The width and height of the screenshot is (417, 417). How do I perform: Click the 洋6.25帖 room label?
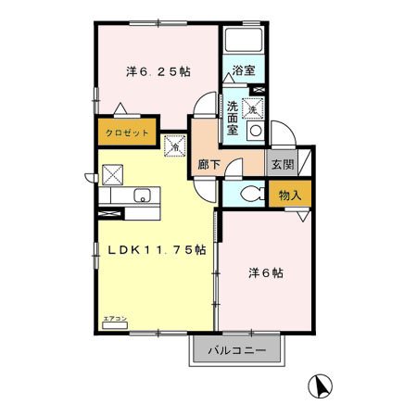pos(158,70)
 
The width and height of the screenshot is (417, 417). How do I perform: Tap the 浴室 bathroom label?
pos(243,70)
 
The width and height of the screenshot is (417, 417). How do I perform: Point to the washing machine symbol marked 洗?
pos(250,107)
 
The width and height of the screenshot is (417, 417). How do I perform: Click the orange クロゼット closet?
pos(127,133)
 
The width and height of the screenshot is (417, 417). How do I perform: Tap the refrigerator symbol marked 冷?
pos(174,145)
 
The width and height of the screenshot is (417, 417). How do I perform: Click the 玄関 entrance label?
pos(282,164)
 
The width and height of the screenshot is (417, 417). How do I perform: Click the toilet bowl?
pos(249,194)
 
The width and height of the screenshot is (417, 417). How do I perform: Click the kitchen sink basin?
pos(144,196)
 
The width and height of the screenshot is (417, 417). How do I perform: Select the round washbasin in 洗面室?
pos(254,132)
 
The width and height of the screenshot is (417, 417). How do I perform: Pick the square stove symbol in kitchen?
pos(113,174)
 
